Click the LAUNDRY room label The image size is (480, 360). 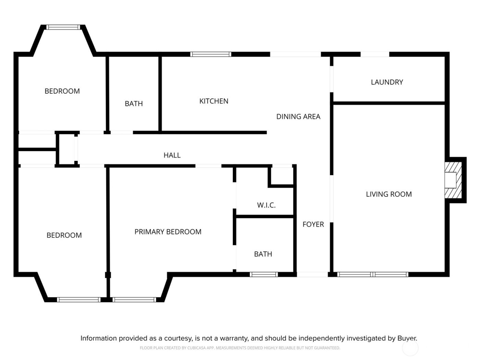click(387, 82)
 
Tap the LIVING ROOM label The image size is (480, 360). click(389, 194)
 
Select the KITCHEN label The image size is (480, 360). click(214, 101)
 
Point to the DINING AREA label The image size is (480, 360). click(298, 117)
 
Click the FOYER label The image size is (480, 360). click(313, 225)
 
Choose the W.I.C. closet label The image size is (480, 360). click(266, 205)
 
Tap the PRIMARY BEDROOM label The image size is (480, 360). click(168, 232)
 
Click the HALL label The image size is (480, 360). click(172, 155)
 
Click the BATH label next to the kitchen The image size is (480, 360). click(134, 104)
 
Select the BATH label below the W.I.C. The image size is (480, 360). click(263, 254)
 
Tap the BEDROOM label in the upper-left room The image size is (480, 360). click(62, 91)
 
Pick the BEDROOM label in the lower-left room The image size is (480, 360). click(64, 236)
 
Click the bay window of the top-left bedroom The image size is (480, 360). click(63, 27)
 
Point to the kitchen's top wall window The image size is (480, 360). click(211, 54)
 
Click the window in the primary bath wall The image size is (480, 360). click(263, 274)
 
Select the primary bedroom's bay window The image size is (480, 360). click(134, 300)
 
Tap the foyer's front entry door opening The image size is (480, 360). click(312, 274)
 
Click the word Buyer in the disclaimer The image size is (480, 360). click(407, 338)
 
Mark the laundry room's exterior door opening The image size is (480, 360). click(375, 54)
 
